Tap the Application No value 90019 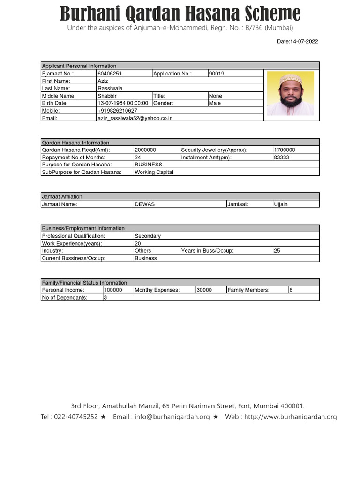click(x=217, y=74)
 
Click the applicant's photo click(x=290, y=94)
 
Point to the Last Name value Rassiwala click(x=109, y=88)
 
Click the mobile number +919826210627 click(x=117, y=111)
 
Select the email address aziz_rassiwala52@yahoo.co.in click(x=135, y=118)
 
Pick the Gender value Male click(x=215, y=103)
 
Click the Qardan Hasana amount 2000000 click(x=145, y=150)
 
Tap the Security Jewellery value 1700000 click(x=285, y=150)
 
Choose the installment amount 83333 click(x=281, y=157)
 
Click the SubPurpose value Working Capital click(x=154, y=172)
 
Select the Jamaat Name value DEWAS click(x=145, y=204)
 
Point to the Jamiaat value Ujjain click(x=281, y=204)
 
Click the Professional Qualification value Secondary click(x=148, y=236)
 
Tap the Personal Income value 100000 click(x=113, y=290)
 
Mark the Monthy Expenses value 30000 click(x=204, y=290)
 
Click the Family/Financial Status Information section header click(x=84, y=283)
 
